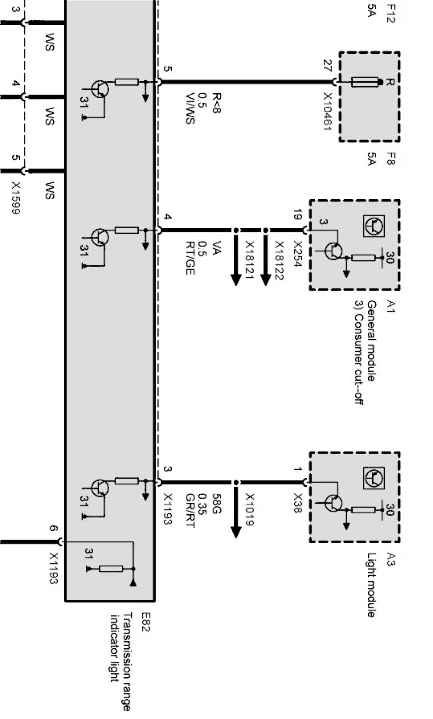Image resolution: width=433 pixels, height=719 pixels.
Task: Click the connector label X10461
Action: (x=327, y=112)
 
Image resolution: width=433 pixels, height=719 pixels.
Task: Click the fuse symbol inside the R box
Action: (x=365, y=83)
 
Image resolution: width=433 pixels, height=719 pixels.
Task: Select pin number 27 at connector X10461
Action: (x=326, y=71)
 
